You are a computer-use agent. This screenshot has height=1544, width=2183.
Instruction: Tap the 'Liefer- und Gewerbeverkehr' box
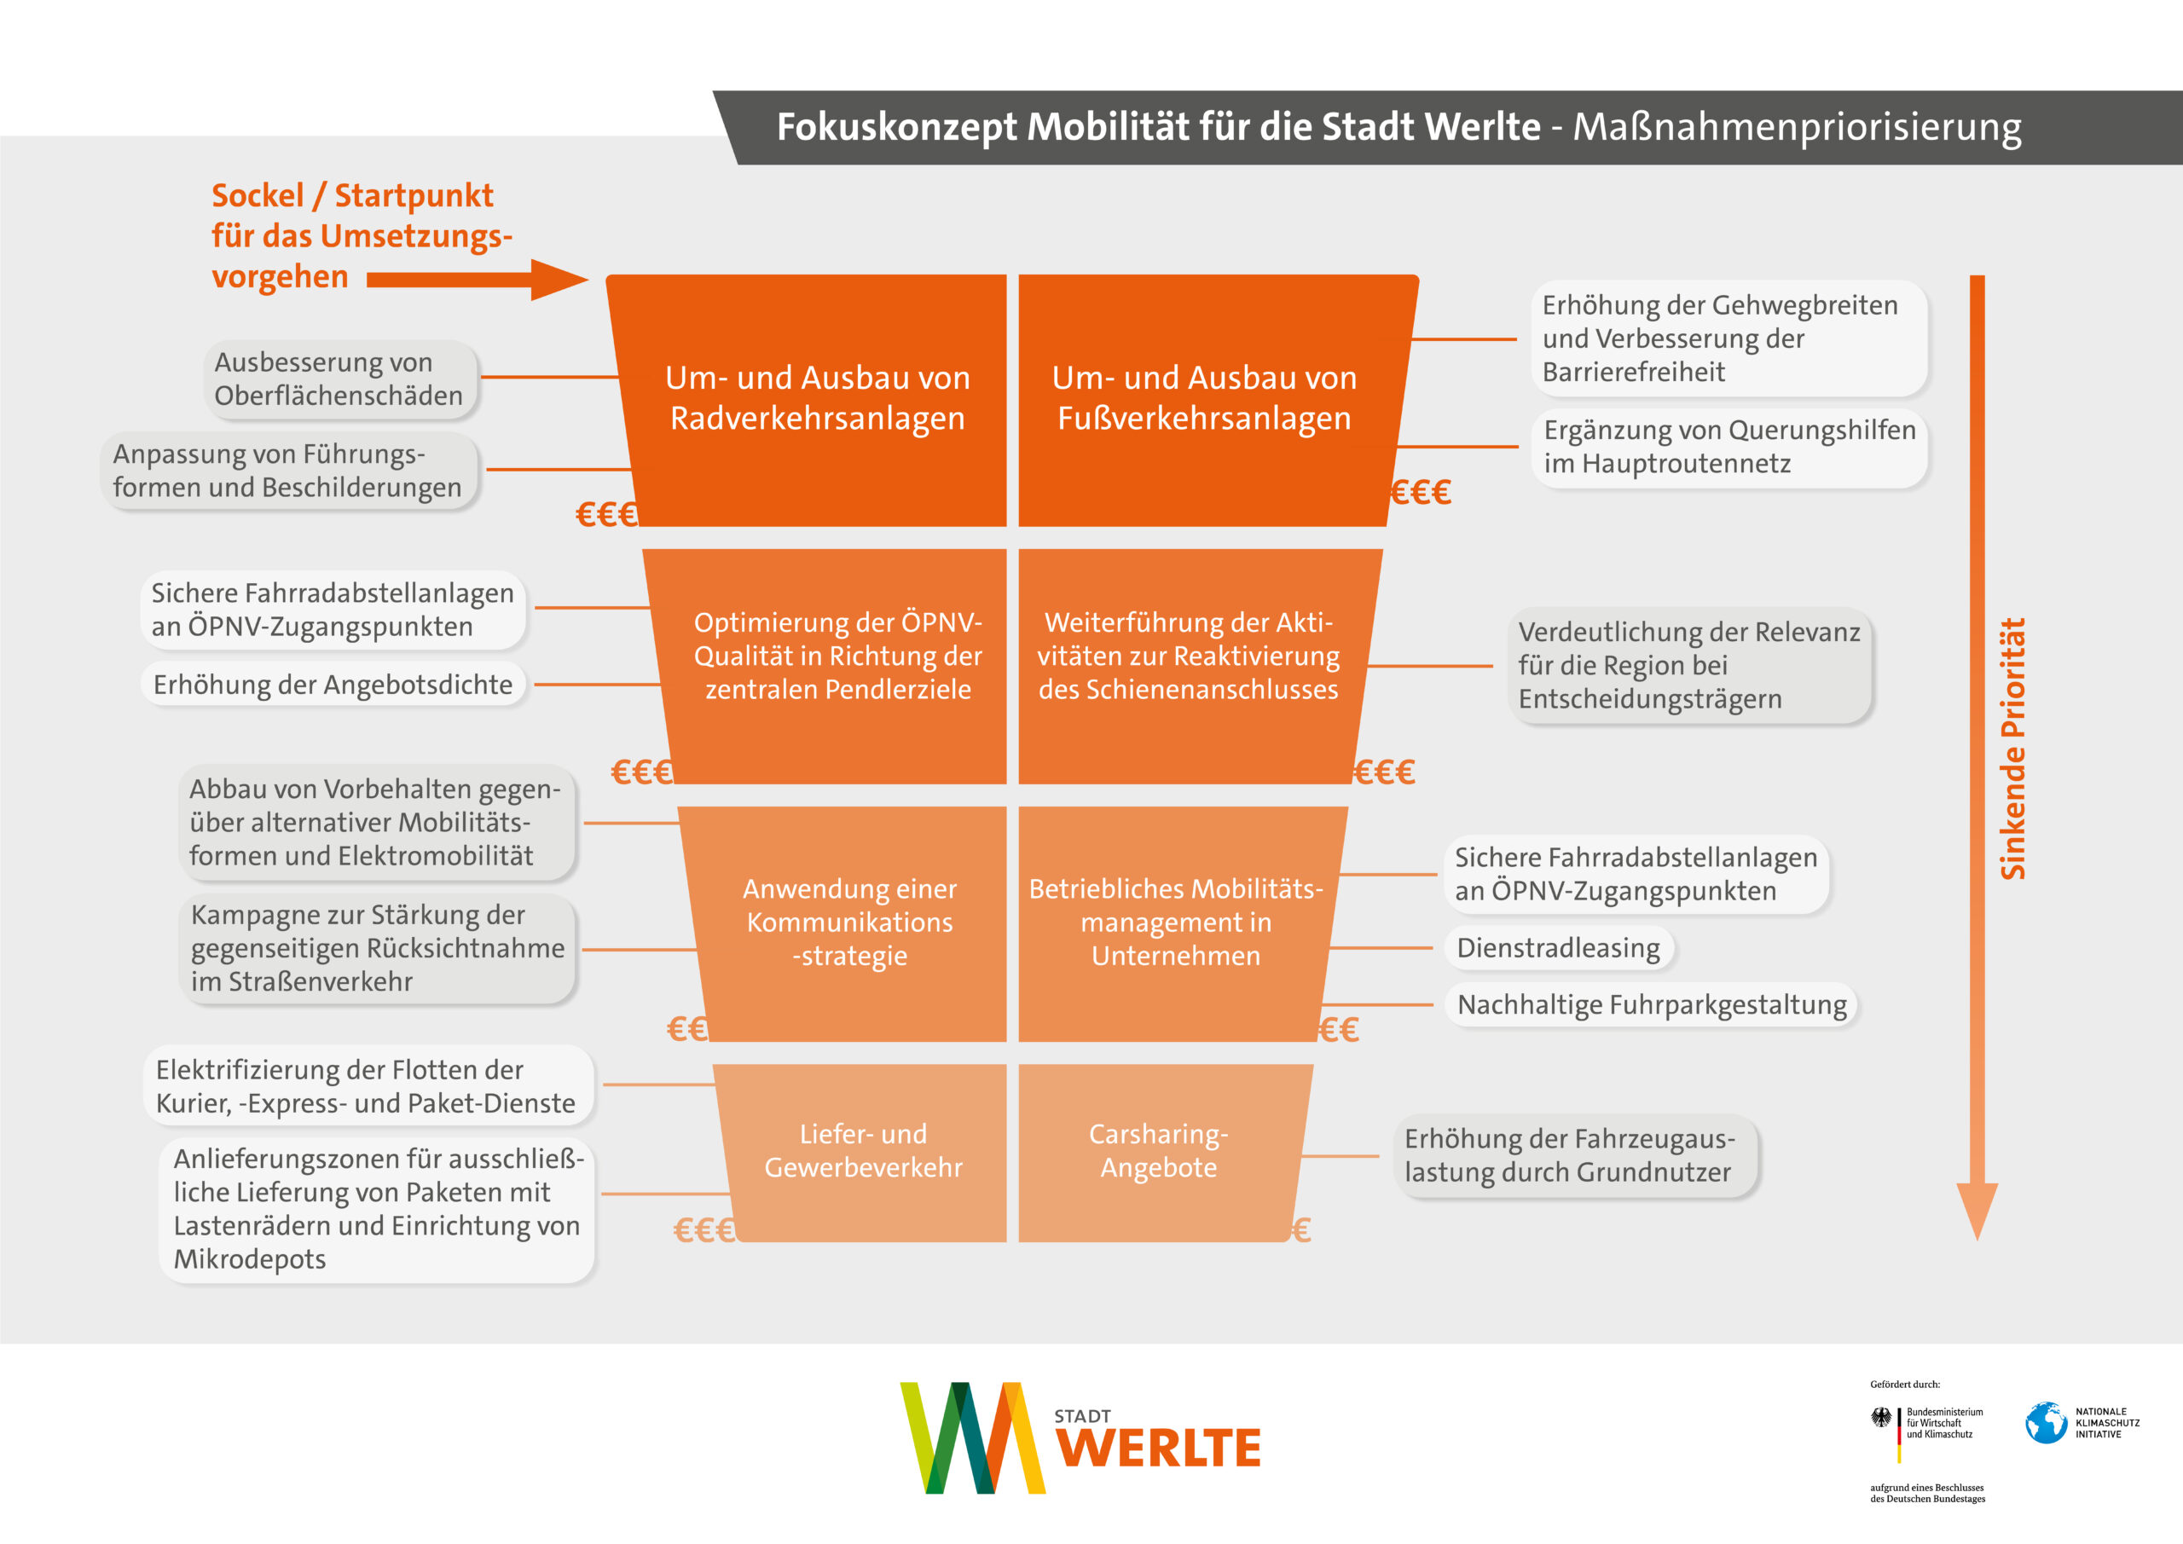point(863,1151)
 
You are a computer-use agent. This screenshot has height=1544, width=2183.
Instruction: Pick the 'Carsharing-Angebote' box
point(1158,1151)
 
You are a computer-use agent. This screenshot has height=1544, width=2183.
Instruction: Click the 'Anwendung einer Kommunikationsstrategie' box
point(849,922)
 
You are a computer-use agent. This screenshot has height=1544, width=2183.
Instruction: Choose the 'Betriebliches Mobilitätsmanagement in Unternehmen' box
point(1176,922)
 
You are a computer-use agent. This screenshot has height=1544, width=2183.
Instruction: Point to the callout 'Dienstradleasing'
point(1557,948)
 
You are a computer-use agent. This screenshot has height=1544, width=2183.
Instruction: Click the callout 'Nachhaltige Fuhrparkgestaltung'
point(1651,1005)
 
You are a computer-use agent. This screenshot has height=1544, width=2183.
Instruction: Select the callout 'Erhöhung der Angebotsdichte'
point(333,685)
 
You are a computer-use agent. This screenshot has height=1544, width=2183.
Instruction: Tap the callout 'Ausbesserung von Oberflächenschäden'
point(339,379)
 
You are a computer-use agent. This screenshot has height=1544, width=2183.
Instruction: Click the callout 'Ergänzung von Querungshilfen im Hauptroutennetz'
point(1728,447)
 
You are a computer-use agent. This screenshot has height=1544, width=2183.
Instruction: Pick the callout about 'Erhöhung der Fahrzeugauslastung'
point(1569,1155)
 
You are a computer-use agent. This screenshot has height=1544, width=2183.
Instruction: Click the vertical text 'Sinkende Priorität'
point(2012,749)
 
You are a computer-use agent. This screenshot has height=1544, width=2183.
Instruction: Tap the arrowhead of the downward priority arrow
point(1977,1209)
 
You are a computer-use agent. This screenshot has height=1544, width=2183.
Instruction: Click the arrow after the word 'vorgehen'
point(475,280)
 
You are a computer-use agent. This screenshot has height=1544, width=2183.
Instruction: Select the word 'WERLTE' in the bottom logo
point(1158,1448)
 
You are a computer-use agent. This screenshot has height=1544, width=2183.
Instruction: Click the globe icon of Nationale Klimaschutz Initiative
point(2046,1423)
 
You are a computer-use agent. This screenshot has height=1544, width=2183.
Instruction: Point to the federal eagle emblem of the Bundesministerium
point(1880,1419)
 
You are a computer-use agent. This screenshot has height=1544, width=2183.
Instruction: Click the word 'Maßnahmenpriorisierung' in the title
point(1796,127)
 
